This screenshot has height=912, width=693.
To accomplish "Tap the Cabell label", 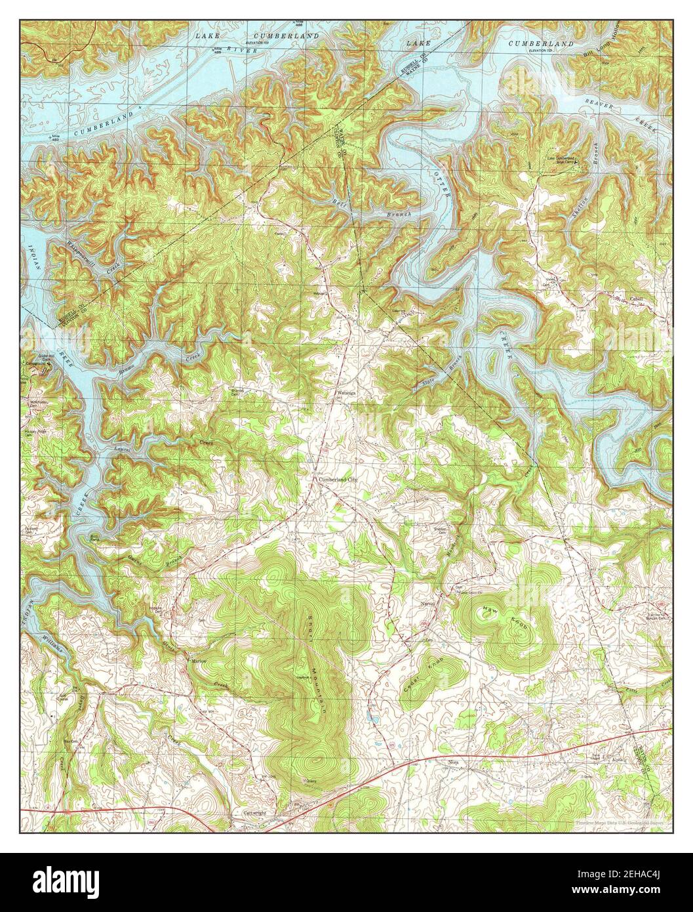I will [637, 299].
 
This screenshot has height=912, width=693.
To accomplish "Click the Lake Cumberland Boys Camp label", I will [561, 159].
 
